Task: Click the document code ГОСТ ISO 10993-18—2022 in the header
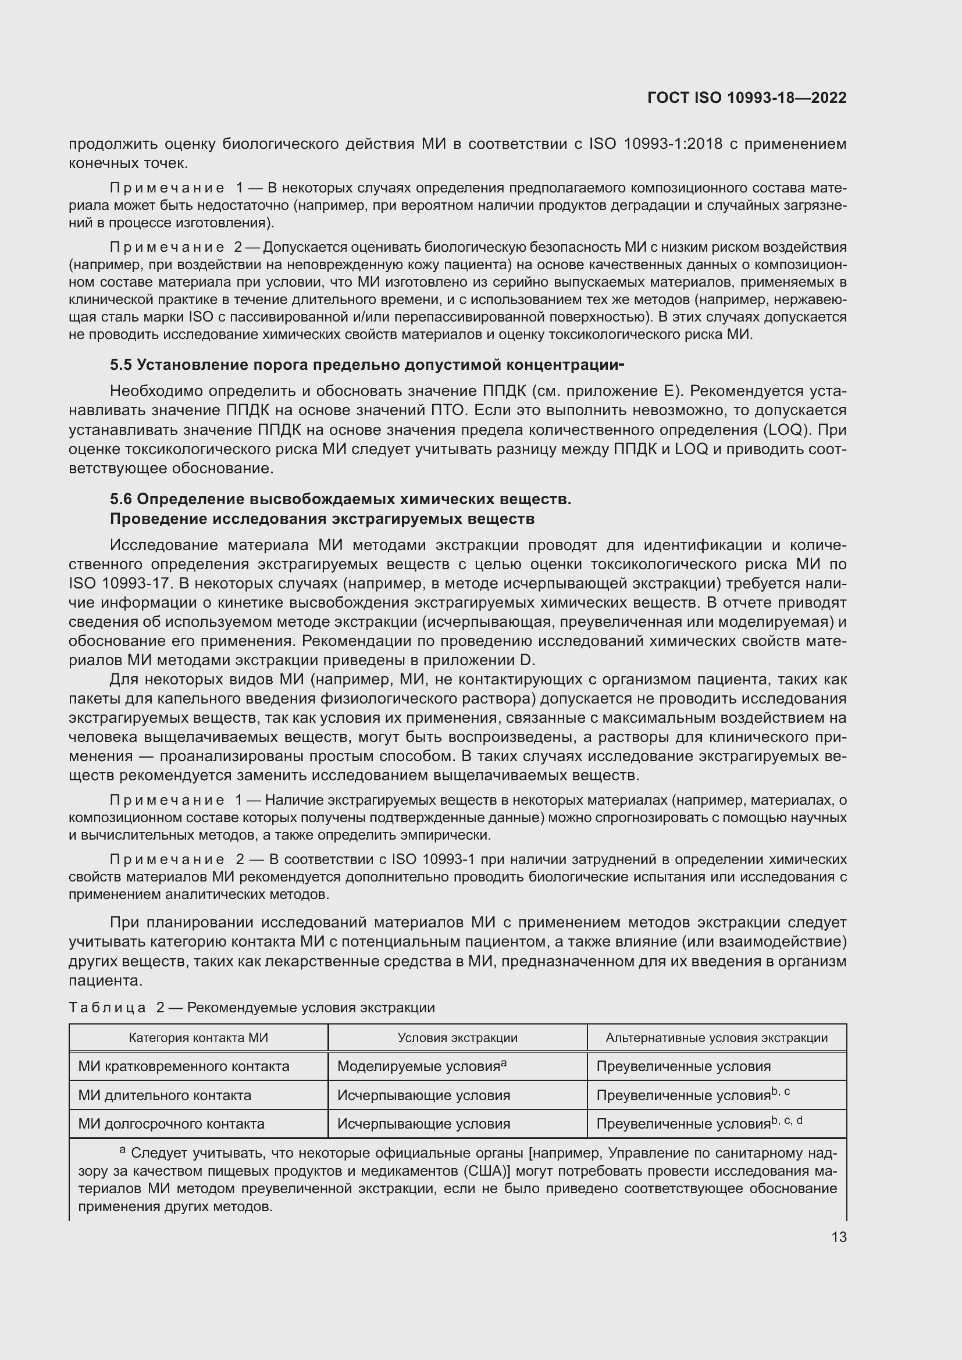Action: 747,98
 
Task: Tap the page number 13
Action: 839,1237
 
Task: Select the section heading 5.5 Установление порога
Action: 367,365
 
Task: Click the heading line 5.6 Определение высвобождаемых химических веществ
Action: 341,499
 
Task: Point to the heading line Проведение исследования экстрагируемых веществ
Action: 322,519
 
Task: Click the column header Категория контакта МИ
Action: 198,1038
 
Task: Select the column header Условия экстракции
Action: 457,1038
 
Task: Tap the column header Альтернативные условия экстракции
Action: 716,1038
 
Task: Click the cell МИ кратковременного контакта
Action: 184,1067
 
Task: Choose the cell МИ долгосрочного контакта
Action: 171,1125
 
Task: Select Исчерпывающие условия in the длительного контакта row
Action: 423,1096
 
